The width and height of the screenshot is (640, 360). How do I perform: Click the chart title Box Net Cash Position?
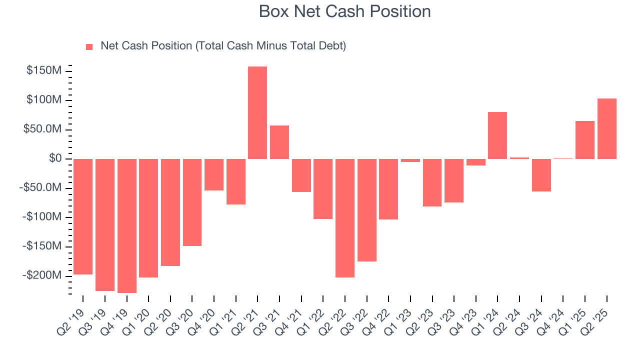point(344,11)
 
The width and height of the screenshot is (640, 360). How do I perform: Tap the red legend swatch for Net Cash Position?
point(89,46)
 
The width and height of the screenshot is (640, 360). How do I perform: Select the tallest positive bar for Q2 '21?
point(257,112)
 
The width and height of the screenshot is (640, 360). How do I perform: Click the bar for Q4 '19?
point(126,225)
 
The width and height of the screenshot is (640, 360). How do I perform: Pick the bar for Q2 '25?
point(606,128)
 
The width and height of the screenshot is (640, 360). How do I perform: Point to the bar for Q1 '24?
point(497,135)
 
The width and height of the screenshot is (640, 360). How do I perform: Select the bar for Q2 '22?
point(344,218)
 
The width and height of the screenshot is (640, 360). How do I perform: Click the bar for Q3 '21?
point(279,142)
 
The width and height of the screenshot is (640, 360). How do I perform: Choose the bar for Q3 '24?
point(541,175)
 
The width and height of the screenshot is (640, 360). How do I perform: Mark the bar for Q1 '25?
point(584,140)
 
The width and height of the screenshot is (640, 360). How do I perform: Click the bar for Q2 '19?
point(83,216)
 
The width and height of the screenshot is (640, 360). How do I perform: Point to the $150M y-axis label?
point(44,71)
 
